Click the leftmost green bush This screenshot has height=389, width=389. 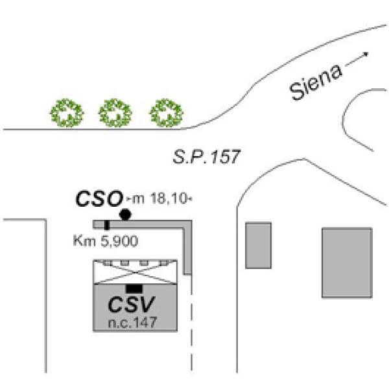point(67,113)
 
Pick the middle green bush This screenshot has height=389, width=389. point(115,113)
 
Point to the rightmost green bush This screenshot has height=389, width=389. point(166,113)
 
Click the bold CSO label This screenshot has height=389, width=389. point(99,198)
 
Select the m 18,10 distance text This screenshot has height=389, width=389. point(159,199)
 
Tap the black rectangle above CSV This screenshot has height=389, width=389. point(134,288)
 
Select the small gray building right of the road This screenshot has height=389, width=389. point(258,244)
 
